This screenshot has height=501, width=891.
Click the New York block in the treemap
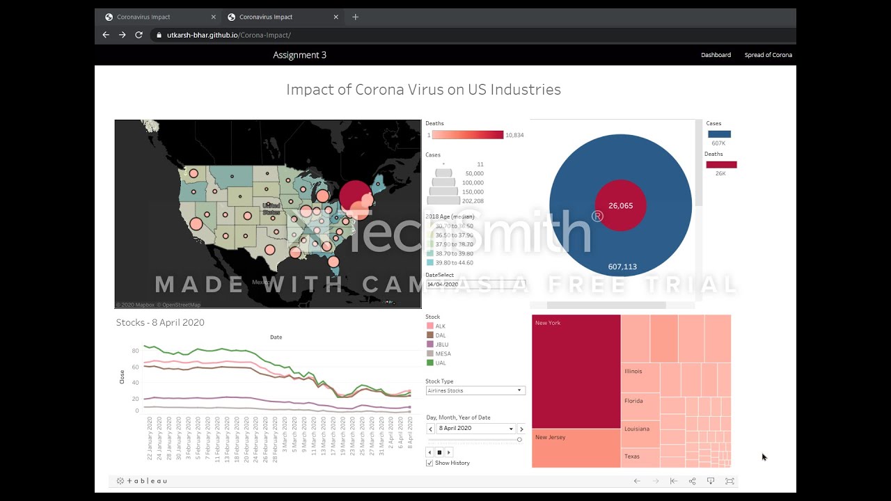(576, 372)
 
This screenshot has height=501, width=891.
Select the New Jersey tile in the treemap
(576, 448)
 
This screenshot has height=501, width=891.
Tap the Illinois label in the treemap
(633, 372)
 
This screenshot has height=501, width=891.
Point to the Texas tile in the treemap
(632, 456)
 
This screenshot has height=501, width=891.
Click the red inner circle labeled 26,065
(620, 206)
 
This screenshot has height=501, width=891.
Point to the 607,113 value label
(622, 267)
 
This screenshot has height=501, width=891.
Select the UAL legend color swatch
(430, 363)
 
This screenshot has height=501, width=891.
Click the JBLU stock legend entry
(441, 344)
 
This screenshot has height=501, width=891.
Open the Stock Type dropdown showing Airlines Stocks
(475, 390)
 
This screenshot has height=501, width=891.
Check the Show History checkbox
(429, 463)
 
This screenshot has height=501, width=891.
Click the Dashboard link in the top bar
(716, 55)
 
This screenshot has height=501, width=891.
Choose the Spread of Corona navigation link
(768, 55)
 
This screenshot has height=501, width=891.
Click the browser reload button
(139, 35)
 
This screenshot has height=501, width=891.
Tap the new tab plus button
(355, 17)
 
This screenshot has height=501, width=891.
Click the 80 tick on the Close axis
(136, 351)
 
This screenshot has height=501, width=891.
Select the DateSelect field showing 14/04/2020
(473, 284)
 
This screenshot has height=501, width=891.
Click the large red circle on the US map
(355, 196)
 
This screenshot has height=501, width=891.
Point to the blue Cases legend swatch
(719, 134)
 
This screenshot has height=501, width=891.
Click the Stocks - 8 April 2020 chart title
(160, 322)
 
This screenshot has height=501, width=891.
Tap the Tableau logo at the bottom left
(142, 481)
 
